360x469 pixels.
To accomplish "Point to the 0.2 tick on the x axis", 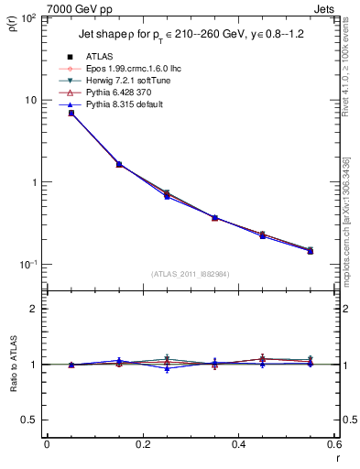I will (x=142, y=445).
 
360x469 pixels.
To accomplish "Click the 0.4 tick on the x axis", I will (x=238, y=445).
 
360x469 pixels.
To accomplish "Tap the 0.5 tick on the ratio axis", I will (x=32, y=420).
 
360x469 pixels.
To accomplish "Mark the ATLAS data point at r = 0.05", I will (x=71, y=113).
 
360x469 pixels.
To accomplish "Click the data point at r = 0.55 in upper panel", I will (x=311, y=250).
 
